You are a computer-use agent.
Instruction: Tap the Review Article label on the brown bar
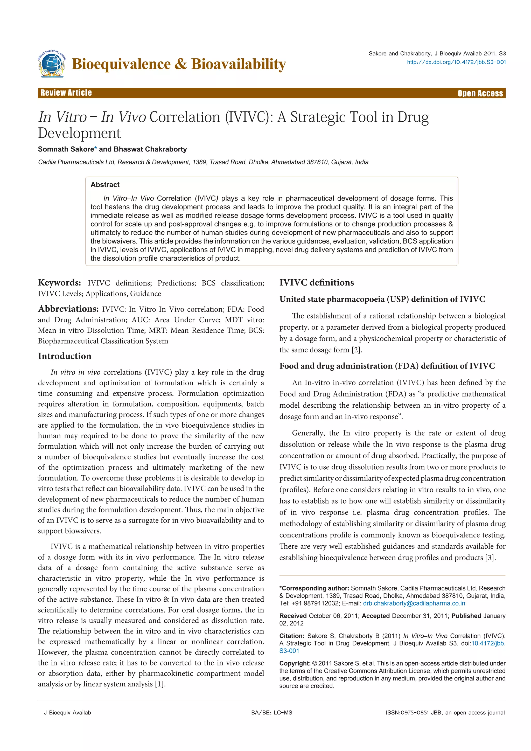click(66, 93)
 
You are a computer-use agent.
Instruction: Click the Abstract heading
click(105, 185)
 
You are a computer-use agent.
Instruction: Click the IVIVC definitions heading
click(317, 283)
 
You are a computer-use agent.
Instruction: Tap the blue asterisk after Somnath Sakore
click(95, 149)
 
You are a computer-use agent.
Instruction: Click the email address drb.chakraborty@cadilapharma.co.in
click(414, 603)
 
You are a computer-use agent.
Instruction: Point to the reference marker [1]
click(159, 684)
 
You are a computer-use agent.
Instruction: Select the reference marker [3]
click(490, 557)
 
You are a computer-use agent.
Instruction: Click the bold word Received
click(293, 616)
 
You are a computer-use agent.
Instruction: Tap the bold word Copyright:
click(295, 663)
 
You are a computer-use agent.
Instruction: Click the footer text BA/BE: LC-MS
click(272, 713)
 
